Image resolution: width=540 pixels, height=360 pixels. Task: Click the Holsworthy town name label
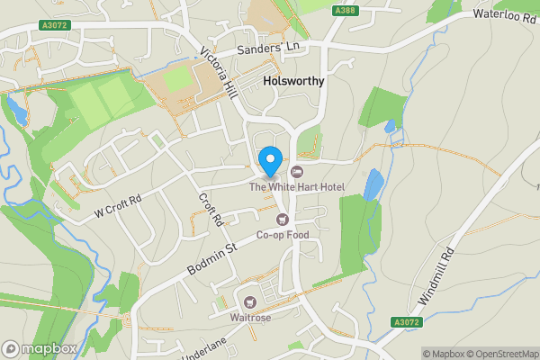point(292,80)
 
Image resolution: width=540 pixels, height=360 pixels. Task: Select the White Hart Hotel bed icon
point(299,172)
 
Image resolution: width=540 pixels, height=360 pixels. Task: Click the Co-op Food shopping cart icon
point(283,220)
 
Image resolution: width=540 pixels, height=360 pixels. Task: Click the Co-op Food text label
point(283,236)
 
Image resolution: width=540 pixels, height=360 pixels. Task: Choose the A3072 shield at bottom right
point(407,321)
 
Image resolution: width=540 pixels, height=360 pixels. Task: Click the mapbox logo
point(39,348)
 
